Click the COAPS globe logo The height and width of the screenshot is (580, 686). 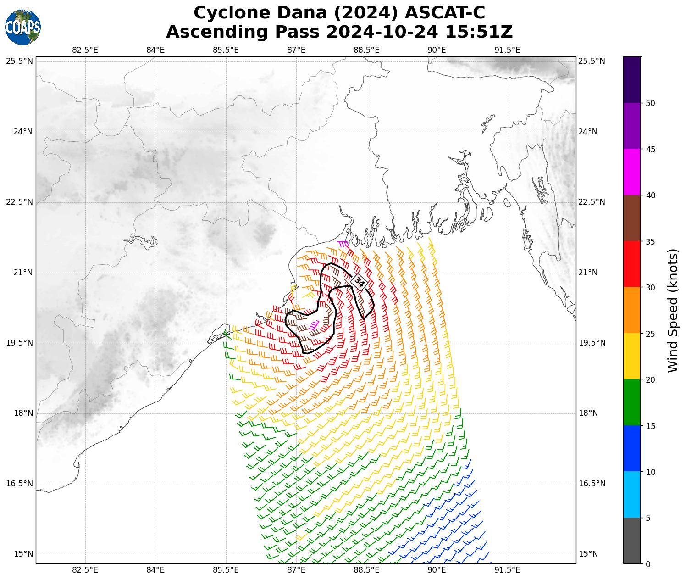pyautogui.click(x=23, y=28)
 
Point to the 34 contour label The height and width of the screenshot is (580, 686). pyautogui.click(x=360, y=282)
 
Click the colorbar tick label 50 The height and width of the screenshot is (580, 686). pyautogui.click(x=650, y=103)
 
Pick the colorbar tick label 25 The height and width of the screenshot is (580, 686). pyautogui.click(x=650, y=334)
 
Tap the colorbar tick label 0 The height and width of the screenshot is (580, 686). pyautogui.click(x=647, y=564)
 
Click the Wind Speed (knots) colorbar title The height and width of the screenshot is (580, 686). pyautogui.click(x=673, y=311)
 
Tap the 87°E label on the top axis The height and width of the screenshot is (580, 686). pyautogui.click(x=296, y=50)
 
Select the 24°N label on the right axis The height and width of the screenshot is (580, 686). pyautogui.click(x=588, y=132)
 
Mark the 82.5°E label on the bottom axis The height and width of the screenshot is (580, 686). pyautogui.click(x=85, y=570)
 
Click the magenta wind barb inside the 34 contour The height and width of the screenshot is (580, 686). pyautogui.click(x=314, y=325)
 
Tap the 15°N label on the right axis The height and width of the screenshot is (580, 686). pyautogui.click(x=588, y=554)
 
